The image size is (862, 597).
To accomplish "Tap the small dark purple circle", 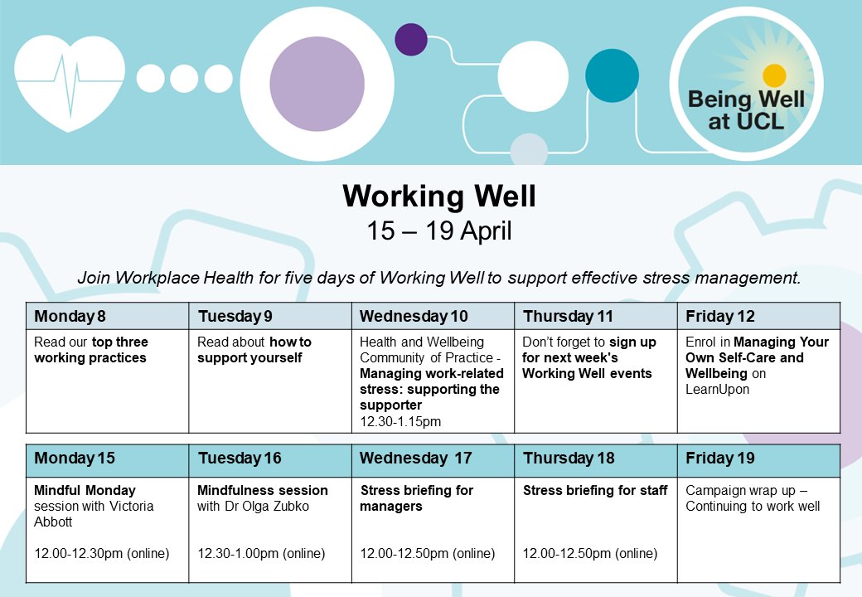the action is [x=410, y=40].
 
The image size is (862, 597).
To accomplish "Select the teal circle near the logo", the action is [x=612, y=75].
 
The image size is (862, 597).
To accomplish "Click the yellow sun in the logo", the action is [x=774, y=75].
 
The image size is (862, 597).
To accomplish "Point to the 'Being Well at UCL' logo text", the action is [x=746, y=110].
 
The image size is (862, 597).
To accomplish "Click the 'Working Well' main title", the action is [x=438, y=196].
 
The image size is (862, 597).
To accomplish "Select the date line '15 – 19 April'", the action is [x=438, y=231].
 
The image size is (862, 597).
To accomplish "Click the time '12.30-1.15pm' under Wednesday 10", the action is [x=400, y=422].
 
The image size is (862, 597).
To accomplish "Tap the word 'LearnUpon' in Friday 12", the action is [x=717, y=389].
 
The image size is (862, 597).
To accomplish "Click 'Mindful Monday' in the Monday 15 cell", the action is [x=85, y=490].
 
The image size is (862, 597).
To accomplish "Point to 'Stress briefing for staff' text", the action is [x=595, y=490].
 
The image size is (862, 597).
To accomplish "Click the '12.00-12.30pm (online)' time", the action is [x=102, y=553].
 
